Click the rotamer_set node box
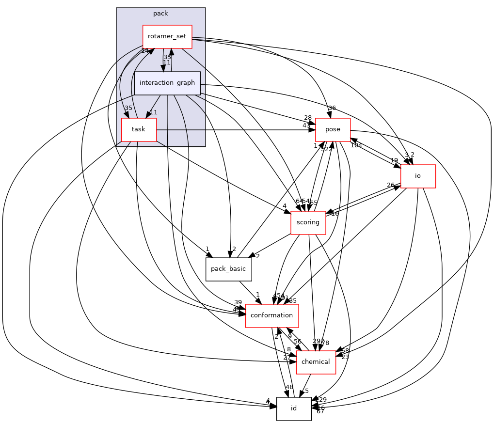tap(167, 37)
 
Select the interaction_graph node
tap(167, 83)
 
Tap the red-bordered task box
tap(139, 130)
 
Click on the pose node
tap(333, 130)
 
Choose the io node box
tap(417, 176)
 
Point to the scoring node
tap(308, 223)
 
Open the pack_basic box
tap(229, 269)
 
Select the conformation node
tap(272, 315)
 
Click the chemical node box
tap(316, 362)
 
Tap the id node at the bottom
tap(294, 408)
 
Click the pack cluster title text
tap(160, 14)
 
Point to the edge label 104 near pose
tap(356, 145)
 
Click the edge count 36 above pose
tap(332, 108)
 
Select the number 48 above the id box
tap(289, 387)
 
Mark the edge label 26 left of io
tap(391, 185)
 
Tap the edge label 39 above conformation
tap(238, 302)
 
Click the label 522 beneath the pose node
tap(327, 149)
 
